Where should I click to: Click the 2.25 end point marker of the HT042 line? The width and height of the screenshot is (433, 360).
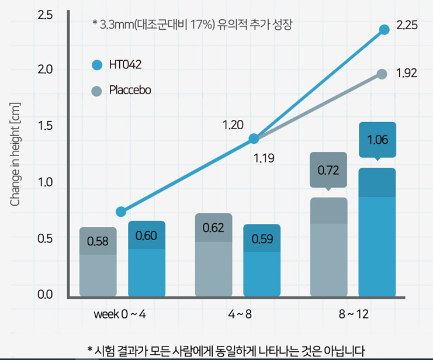click(384, 29)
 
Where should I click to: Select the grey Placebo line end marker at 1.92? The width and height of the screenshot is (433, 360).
click(382, 74)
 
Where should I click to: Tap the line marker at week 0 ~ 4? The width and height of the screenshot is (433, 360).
click(121, 211)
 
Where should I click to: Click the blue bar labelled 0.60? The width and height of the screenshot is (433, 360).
click(146, 258)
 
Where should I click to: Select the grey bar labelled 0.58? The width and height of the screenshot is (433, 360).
click(98, 261)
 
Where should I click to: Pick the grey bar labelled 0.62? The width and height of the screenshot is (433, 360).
click(213, 255)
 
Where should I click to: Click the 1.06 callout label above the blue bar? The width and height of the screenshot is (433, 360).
click(377, 140)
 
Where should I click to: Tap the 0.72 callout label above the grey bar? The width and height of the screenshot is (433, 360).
click(328, 171)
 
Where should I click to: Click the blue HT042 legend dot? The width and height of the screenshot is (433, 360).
click(97, 64)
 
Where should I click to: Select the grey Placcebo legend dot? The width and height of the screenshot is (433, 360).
click(97, 91)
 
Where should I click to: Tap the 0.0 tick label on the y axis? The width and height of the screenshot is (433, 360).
click(45, 294)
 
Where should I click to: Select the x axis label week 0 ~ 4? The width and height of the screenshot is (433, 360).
click(120, 314)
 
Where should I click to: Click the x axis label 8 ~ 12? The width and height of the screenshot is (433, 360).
click(354, 314)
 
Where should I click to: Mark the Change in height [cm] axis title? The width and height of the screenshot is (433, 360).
click(16, 153)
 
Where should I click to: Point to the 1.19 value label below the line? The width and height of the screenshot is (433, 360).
click(264, 158)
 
